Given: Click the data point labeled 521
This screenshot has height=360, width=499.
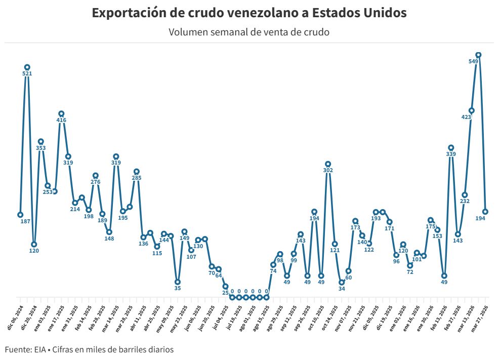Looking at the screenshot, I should [x=27, y=67].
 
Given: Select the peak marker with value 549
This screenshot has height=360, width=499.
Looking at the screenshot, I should [x=478, y=55].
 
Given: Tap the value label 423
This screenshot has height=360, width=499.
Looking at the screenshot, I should [x=466, y=117].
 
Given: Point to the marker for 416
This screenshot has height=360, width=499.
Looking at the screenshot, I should [x=61, y=114].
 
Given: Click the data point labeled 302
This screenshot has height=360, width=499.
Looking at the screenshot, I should [x=328, y=164].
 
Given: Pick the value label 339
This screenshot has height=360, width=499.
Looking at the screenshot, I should [x=451, y=154].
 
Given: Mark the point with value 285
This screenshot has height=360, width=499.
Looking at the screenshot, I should [x=136, y=172].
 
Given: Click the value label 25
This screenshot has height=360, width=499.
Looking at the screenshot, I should [x=225, y=293].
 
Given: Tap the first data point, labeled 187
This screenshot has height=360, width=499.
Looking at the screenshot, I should [x=20, y=215].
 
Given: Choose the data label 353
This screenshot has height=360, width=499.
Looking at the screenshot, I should [x=41, y=148].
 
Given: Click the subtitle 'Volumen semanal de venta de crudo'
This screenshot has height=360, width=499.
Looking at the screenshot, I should [x=249, y=32].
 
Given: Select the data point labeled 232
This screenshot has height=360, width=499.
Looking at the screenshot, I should [x=465, y=195].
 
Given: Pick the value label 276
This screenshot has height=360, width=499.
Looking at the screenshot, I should [x=95, y=182].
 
